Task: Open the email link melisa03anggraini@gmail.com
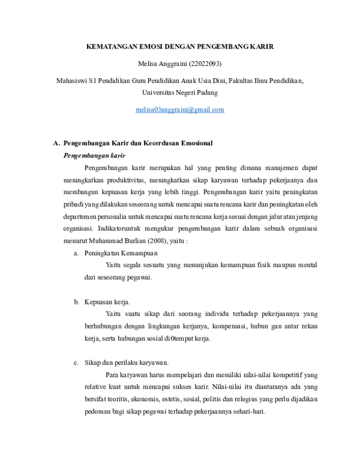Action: click(179, 109)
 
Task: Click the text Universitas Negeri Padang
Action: click(179, 92)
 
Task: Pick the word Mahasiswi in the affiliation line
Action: click(70, 80)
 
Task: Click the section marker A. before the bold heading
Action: click(56, 144)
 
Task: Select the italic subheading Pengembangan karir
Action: click(90, 155)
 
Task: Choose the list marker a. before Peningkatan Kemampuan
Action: click(76, 253)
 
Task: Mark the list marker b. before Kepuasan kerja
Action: click(76, 301)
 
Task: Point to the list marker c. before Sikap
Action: click(76, 363)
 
